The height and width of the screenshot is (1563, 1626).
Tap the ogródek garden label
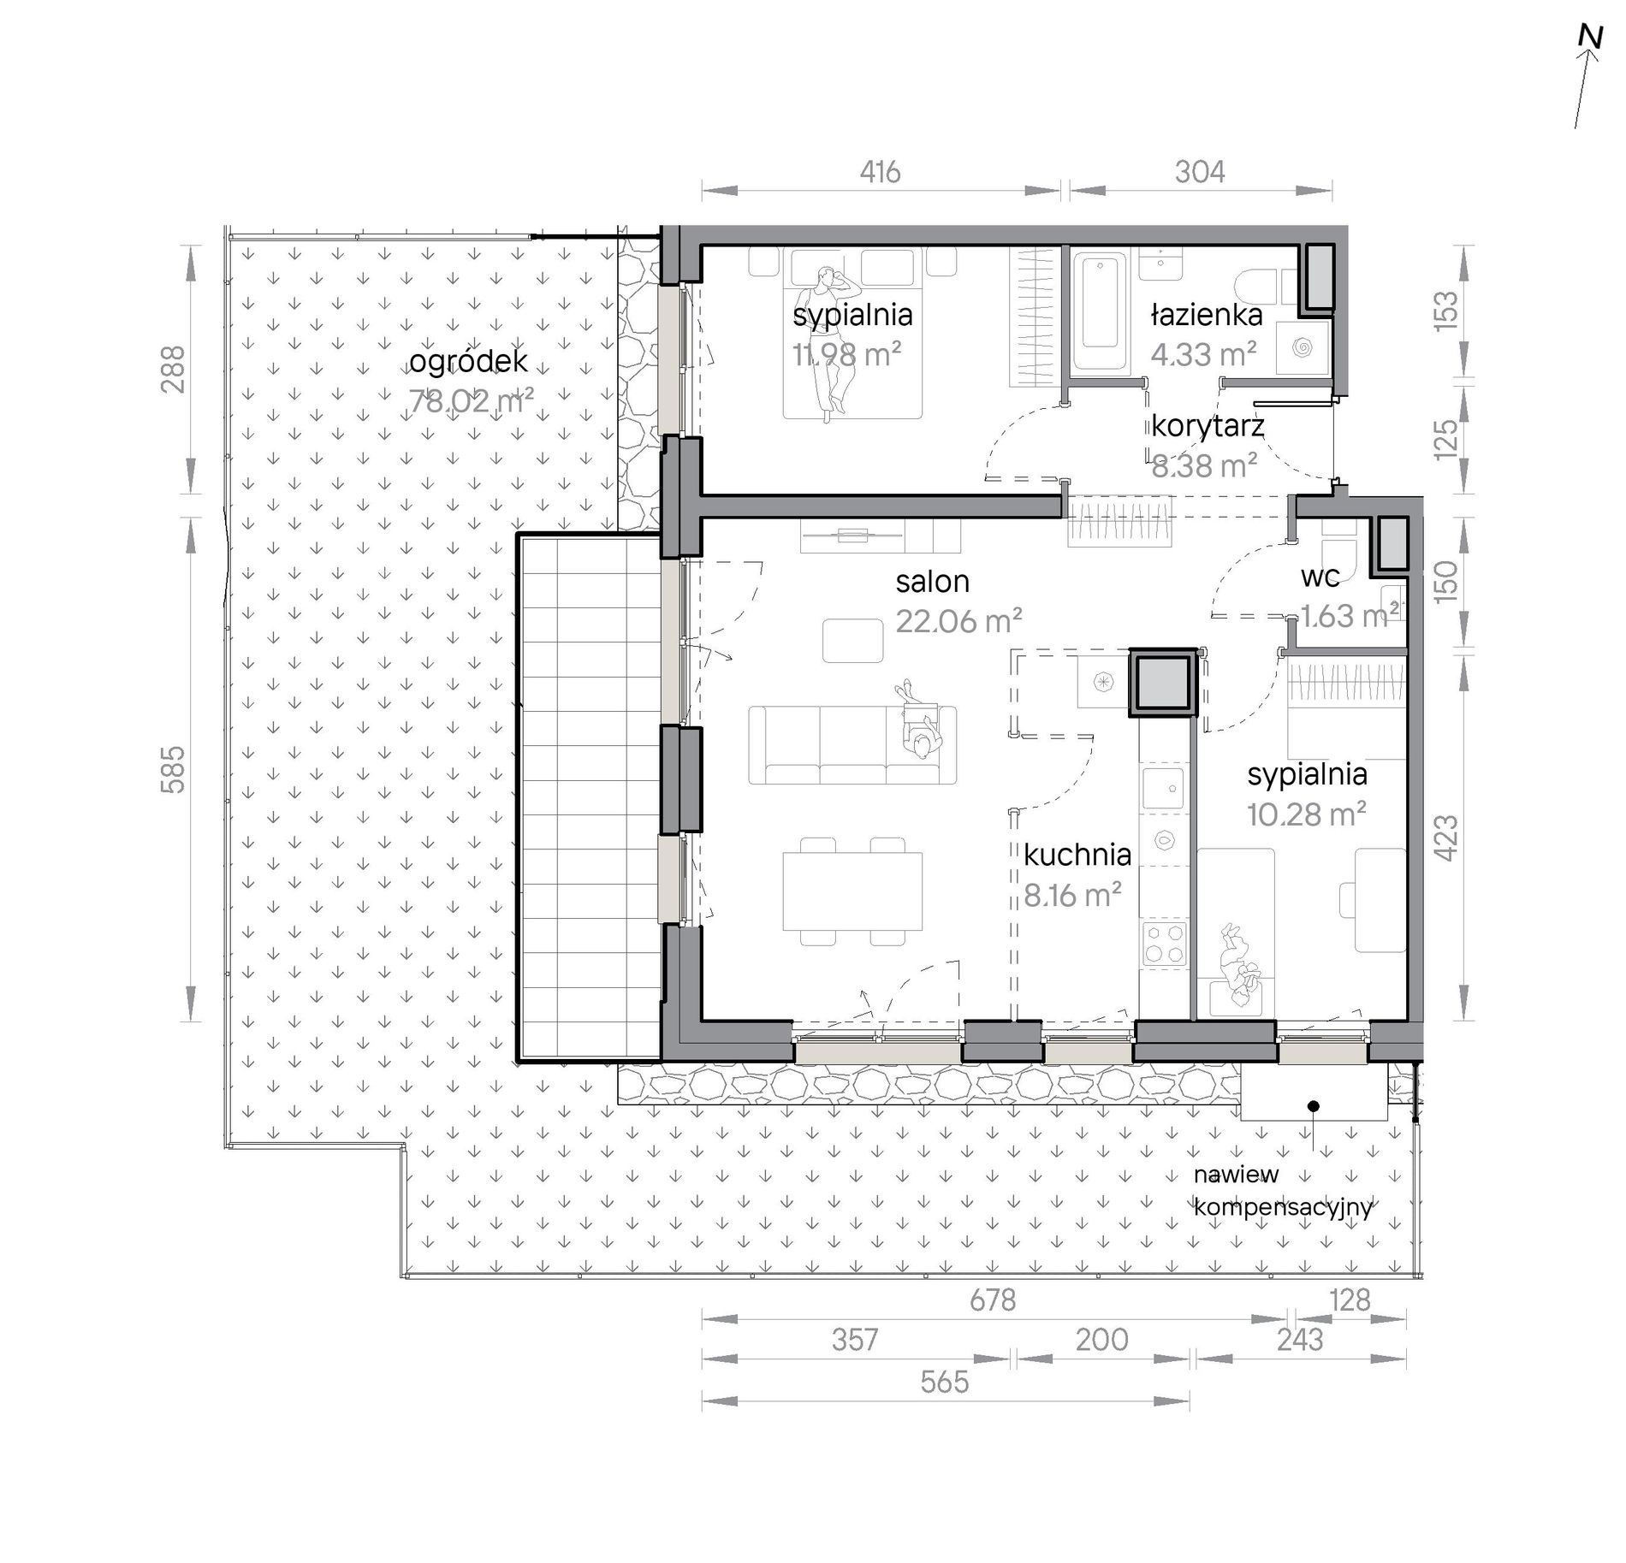[x=468, y=362]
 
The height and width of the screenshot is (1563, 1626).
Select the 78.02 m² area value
[x=471, y=400]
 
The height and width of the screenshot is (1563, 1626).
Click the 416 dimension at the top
[x=880, y=173]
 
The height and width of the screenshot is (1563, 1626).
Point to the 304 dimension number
[x=1200, y=173]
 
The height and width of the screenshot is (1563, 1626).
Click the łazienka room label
[x=1206, y=315]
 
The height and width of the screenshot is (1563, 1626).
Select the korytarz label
[x=1208, y=425]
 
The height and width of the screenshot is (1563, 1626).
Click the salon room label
[x=933, y=582]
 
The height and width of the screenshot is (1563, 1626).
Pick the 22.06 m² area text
[x=959, y=620]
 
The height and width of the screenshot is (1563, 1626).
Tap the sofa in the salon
[x=852, y=744]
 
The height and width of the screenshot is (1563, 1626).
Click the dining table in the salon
[x=852, y=891]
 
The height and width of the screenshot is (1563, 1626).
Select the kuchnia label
[x=1077, y=855]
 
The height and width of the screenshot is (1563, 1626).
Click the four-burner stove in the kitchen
[x=1165, y=944]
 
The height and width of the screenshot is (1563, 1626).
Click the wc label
[x=1320, y=577]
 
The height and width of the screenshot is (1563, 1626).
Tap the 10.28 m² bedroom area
[x=1306, y=814]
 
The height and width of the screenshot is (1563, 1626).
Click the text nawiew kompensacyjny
[x=1283, y=1191]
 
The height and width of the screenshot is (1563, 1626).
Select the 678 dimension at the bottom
[x=993, y=1300]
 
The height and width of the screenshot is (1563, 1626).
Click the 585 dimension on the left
[x=173, y=769]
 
